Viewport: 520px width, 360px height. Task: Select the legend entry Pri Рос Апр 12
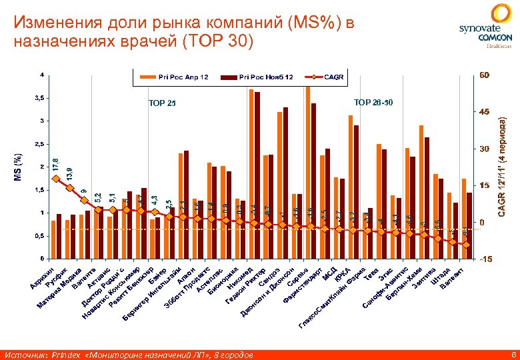[x=175, y=77]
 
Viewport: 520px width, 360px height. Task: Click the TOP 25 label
[x=163, y=103]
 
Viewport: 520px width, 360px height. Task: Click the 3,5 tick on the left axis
[x=40, y=97]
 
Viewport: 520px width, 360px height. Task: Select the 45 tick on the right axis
[x=483, y=112]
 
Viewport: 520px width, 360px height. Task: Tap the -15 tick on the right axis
[x=485, y=259]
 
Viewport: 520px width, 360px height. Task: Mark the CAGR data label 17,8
[x=57, y=164]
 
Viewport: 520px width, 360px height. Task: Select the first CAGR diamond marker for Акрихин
[x=56, y=178]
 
